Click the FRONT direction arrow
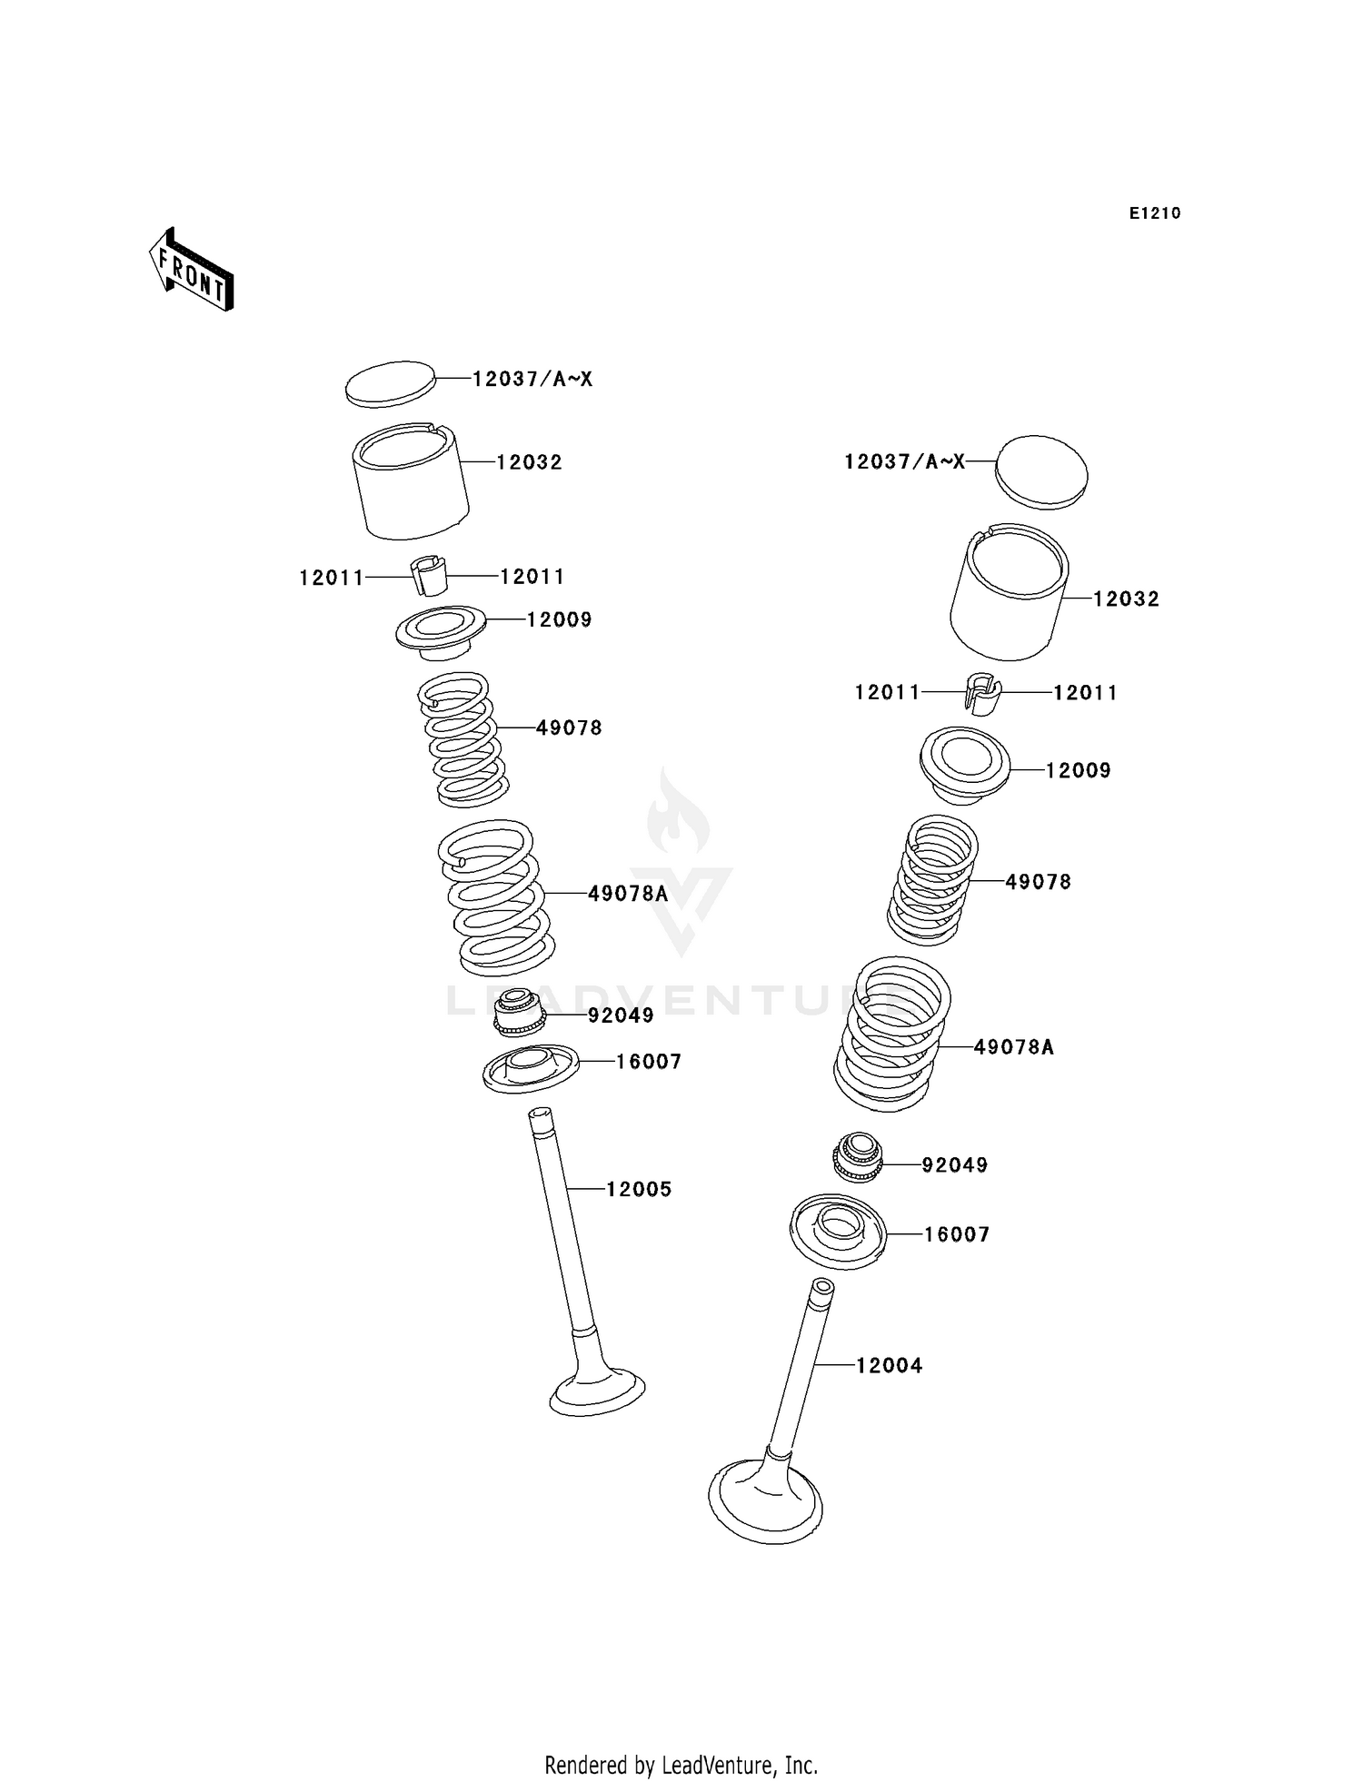[192, 271]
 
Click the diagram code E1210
[1155, 213]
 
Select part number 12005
[639, 1189]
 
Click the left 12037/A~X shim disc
[391, 382]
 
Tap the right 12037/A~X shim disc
[1041, 470]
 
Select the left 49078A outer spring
[496, 896]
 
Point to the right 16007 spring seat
[838, 1231]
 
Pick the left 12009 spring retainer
[441, 628]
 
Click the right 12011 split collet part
[981, 694]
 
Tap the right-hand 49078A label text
[1013, 1047]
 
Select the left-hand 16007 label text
[649, 1062]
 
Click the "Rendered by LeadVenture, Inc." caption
[681, 1765]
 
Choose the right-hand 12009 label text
[1078, 770]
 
